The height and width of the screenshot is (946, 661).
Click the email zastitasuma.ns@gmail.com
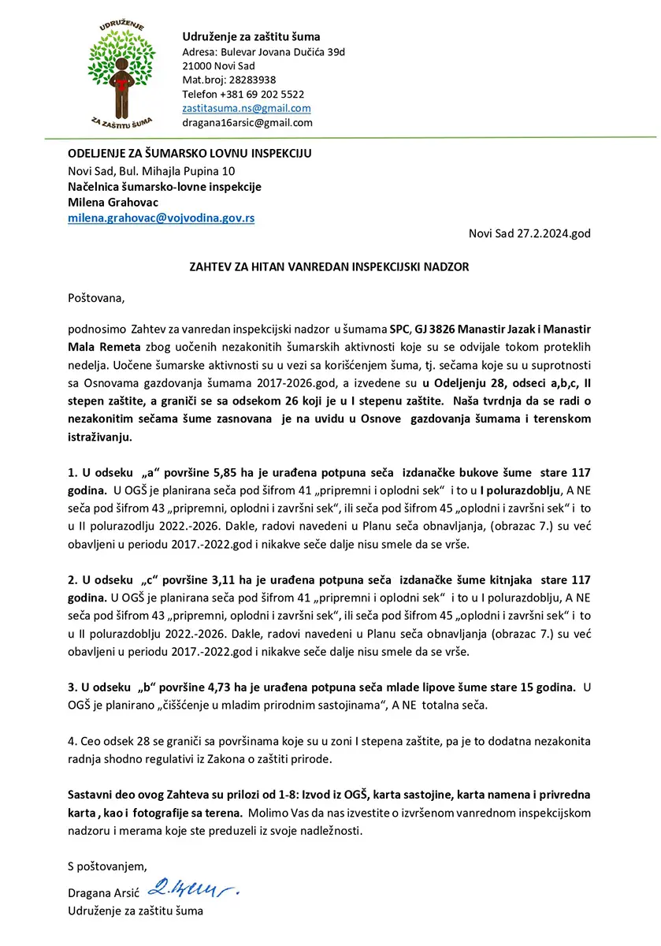[x=246, y=108]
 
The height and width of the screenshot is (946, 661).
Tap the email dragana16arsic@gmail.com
[x=247, y=122]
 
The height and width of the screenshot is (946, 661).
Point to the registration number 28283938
[x=251, y=80]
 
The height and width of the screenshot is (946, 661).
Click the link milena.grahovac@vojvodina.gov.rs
[x=161, y=218]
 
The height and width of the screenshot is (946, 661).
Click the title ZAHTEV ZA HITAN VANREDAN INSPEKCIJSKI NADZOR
[x=329, y=266]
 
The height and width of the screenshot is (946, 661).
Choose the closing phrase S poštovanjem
[x=107, y=866]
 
